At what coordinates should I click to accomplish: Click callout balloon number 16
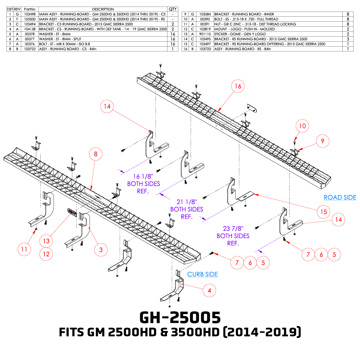click(238, 86)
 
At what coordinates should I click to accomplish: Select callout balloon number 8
click(96, 154)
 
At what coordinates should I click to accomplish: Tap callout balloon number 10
click(302, 126)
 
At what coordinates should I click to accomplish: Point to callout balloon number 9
click(322, 141)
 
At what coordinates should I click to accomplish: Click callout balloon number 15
click(323, 212)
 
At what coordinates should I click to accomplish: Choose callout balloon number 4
click(209, 290)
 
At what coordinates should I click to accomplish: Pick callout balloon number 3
click(101, 250)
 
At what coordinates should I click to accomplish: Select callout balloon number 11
click(24, 249)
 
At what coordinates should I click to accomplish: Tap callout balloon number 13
click(46, 241)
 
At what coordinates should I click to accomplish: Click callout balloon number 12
click(46, 254)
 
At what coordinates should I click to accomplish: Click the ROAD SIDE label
click(340, 197)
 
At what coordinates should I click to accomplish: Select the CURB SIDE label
click(203, 274)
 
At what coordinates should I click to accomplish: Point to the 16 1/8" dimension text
click(143, 176)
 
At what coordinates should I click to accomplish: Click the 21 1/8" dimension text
click(187, 202)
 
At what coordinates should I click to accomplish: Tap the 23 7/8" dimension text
click(233, 228)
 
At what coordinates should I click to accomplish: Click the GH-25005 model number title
click(180, 318)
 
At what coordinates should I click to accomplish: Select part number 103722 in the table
click(30, 49)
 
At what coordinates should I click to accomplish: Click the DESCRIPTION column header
click(103, 9)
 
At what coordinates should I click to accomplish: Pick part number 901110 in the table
click(205, 34)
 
